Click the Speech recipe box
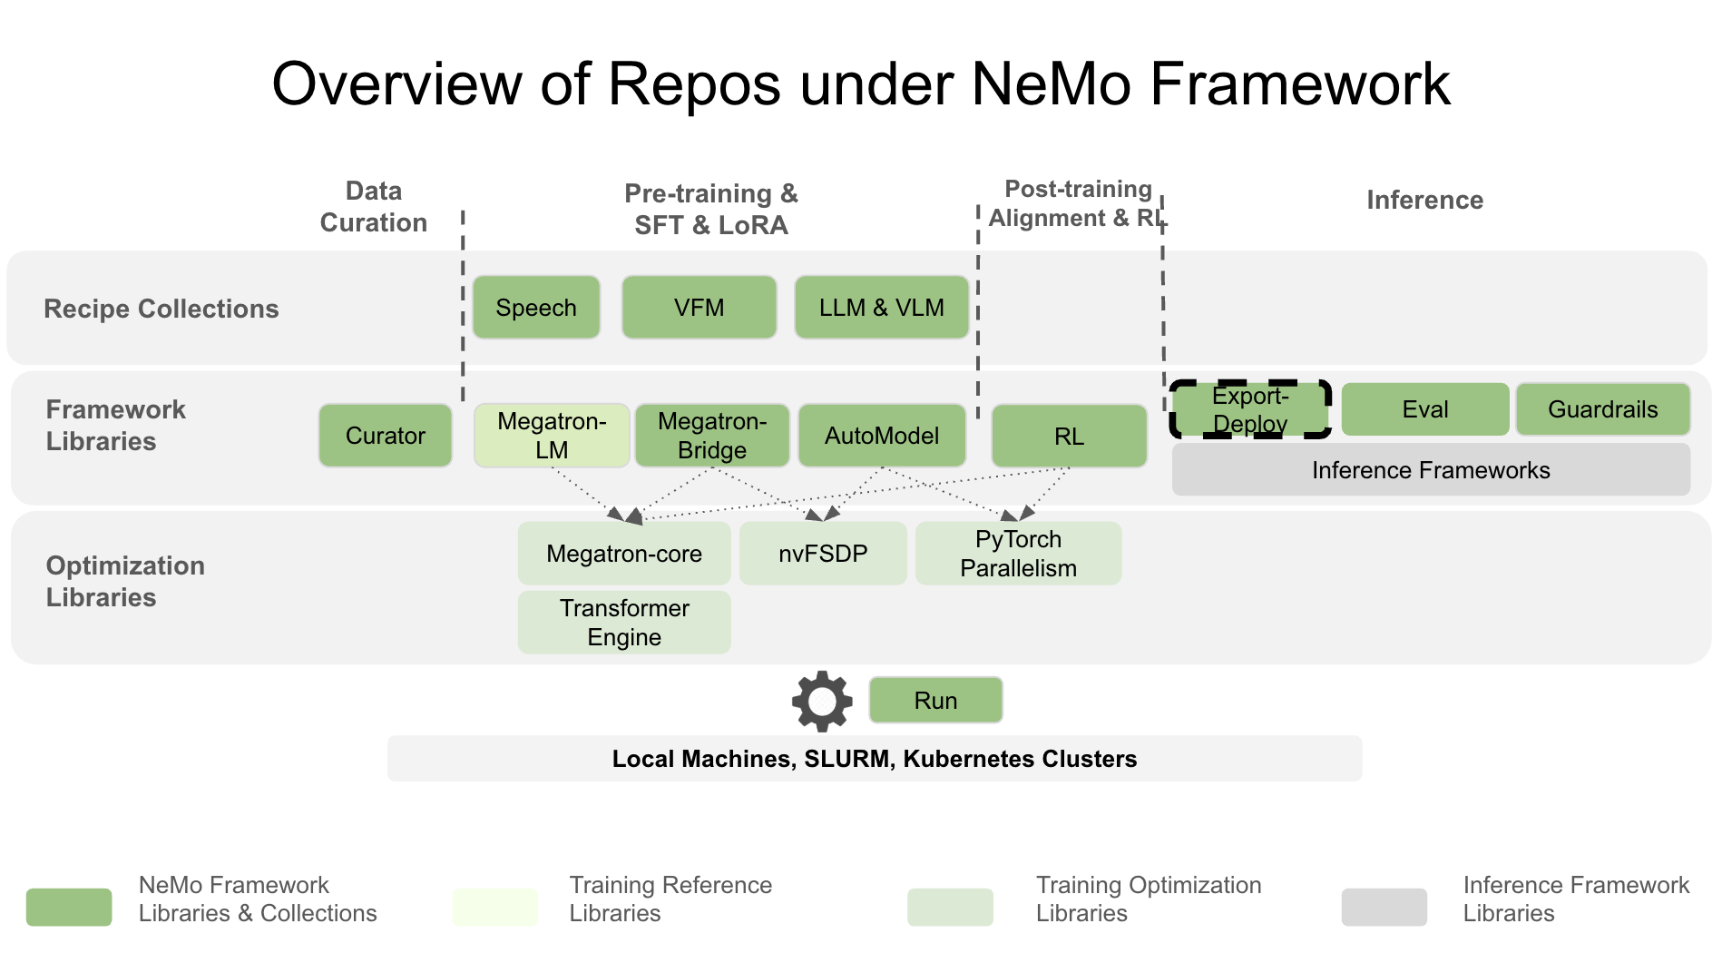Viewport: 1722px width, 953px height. click(536, 308)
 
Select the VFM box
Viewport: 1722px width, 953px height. click(699, 308)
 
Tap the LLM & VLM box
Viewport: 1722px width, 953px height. click(881, 308)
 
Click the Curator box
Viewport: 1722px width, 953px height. click(386, 436)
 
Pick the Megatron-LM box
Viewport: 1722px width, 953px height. click(552, 436)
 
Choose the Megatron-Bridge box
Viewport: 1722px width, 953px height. click(712, 436)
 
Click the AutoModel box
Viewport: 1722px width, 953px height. click(881, 436)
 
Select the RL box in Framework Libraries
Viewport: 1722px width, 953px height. click(1069, 437)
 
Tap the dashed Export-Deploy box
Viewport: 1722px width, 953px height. click(1250, 409)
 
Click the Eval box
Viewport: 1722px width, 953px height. click(1424, 409)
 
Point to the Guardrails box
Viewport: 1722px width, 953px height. click(1602, 409)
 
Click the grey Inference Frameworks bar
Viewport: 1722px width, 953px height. click(1430, 470)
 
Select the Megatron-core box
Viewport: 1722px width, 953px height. click(624, 554)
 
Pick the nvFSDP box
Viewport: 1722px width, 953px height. click(823, 554)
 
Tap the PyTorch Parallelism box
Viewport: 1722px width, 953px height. click(1018, 554)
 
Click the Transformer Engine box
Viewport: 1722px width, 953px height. click(624, 623)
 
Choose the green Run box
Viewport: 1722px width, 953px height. click(935, 701)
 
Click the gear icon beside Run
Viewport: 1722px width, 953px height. click(822, 701)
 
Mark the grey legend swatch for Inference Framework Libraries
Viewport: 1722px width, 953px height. click(1384, 907)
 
